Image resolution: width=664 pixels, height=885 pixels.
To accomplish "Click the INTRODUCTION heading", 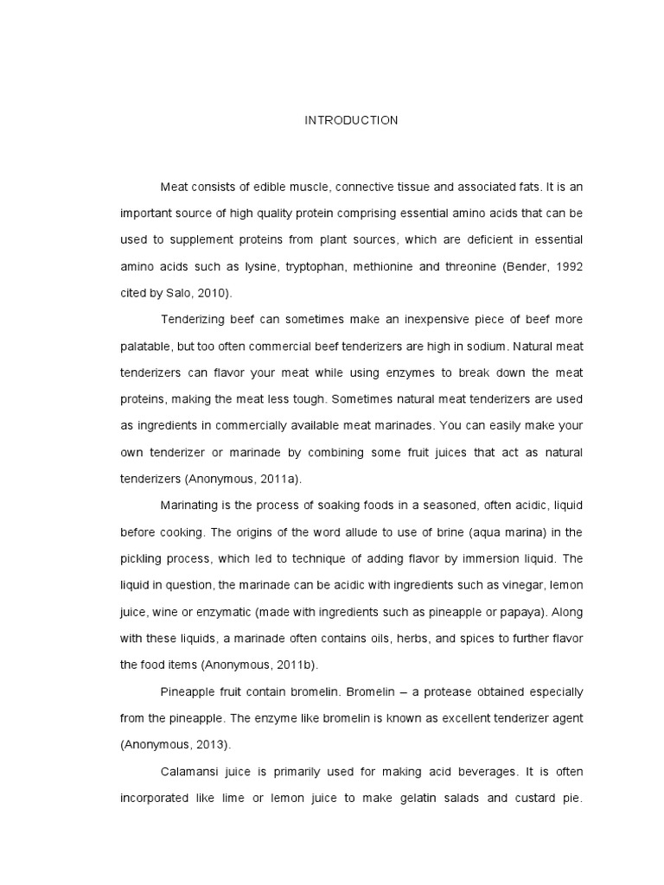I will pos(351,121).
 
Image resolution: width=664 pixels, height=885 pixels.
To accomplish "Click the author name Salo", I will pos(178,293).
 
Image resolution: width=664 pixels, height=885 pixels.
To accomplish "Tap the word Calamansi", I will pos(188,771).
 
